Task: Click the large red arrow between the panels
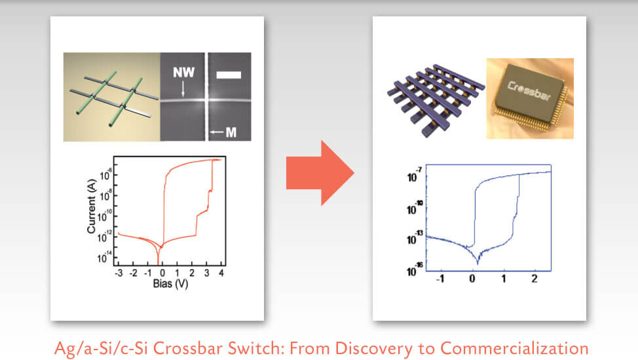pyautogui.click(x=319, y=175)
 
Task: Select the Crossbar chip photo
pyautogui.click(x=529, y=98)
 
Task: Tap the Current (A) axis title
pyautogui.click(x=92, y=209)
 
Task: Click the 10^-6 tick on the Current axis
pyautogui.click(x=105, y=173)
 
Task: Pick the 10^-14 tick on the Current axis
pyautogui.click(x=105, y=257)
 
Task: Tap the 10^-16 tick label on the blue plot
pyautogui.click(x=415, y=268)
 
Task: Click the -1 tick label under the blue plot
pyautogui.click(x=440, y=279)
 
